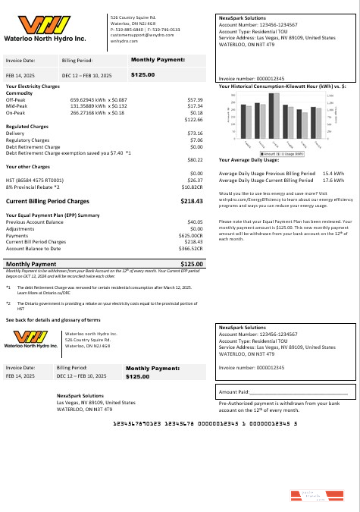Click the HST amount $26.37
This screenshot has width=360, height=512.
coord(196,180)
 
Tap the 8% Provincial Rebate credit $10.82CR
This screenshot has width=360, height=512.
coord(192,186)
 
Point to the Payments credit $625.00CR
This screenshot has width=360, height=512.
coord(191,235)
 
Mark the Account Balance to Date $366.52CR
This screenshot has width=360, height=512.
coord(191,248)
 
